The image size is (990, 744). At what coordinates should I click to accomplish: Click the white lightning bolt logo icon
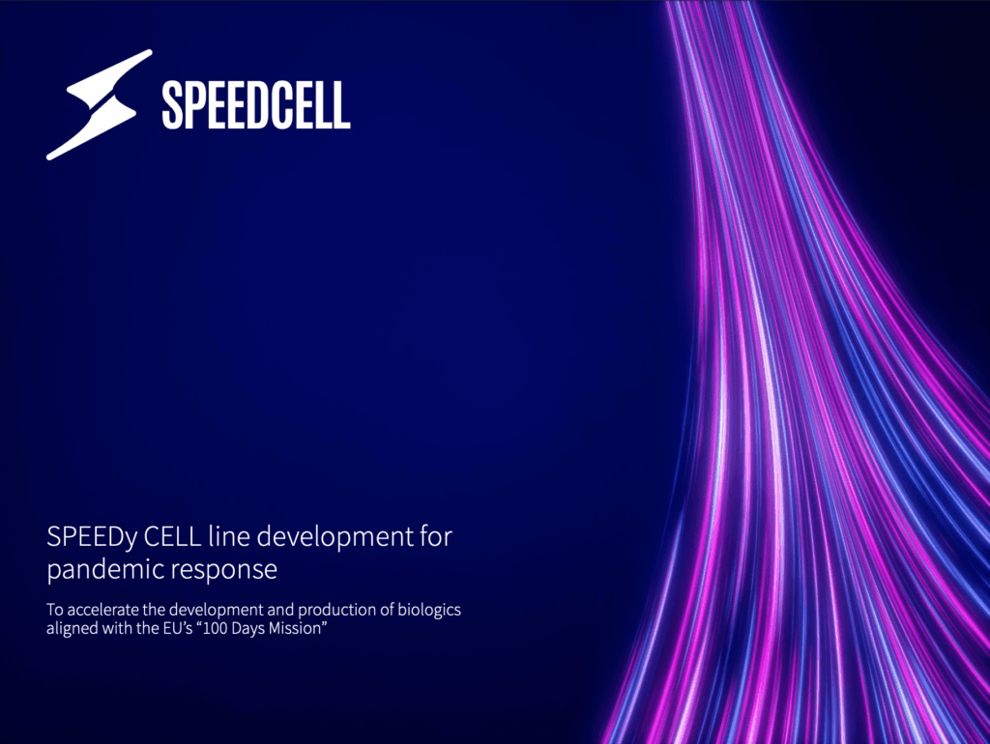pos(100,104)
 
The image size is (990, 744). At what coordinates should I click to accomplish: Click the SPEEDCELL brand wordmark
pos(255,105)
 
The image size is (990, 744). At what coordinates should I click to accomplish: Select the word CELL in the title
pos(172,536)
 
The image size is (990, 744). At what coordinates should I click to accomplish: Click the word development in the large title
pos(335,538)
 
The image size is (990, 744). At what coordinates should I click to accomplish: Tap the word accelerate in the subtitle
pos(102,611)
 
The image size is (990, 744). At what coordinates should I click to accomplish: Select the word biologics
pos(428,612)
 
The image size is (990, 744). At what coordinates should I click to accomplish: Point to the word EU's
pos(178,628)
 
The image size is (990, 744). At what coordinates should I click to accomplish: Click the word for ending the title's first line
pos(436,536)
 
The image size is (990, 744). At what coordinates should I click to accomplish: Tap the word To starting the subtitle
pos(55,611)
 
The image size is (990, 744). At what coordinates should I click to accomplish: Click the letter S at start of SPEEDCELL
pos(172,105)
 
